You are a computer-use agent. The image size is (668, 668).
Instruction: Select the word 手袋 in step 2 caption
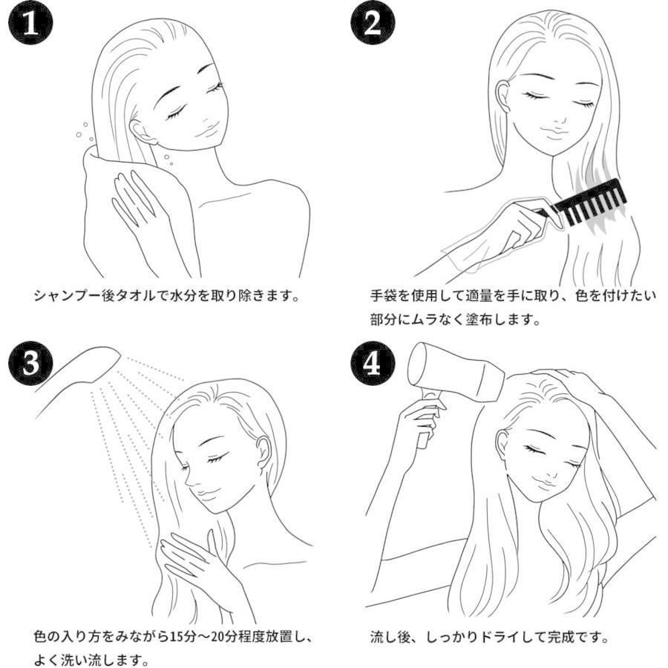(384, 295)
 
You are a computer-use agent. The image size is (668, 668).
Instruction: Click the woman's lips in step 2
(554, 131)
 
